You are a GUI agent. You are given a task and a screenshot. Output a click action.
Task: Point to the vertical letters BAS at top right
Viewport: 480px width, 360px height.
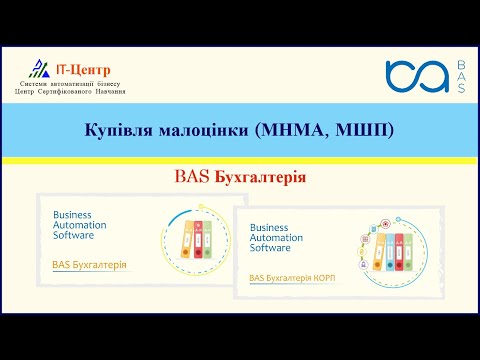pos(459,77)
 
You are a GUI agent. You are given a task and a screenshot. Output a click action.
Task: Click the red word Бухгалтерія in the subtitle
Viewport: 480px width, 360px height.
pos(262,177)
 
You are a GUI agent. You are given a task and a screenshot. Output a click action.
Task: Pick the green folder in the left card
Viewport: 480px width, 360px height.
pos(207,241)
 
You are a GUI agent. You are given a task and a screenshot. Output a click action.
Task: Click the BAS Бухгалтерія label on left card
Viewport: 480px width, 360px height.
pos(89,265)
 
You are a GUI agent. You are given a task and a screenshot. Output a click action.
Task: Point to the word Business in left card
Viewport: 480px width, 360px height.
pos(72,215)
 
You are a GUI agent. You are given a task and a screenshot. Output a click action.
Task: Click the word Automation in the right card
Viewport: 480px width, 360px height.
pos(276,238)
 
